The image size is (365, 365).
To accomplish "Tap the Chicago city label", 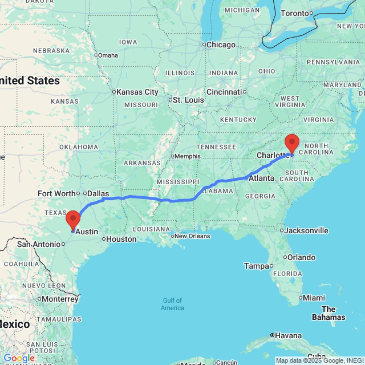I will pyautogui.click(x=221, y=45).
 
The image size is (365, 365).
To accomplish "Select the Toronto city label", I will pyautogui.click(x=295, y=14).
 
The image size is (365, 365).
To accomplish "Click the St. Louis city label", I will pyautogui.click(x=188, y=100).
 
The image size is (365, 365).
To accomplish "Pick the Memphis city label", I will pyautogui.click(x=188, y=156).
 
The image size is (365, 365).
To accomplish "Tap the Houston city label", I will pyautogui.click(x=122, y=239).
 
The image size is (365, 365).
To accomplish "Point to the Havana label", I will pyautogui.click(x=288, y=335).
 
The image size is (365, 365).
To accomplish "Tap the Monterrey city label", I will pyautogui.click(x=59, y=299).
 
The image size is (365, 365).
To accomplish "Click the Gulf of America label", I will pyautogui.click(x=173, y=304).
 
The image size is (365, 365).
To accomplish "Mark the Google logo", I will pyautogui.click(x=19, y=358).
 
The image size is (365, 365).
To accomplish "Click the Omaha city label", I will pyautogui.click(x=108, y=55).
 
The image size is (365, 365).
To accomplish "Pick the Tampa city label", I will pyautogui.click(x=257, y=266).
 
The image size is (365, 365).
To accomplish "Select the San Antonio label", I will pyautogui.click(x=38, y=244).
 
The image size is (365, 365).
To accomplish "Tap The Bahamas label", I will pyautogui.click(x=328, y=313).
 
